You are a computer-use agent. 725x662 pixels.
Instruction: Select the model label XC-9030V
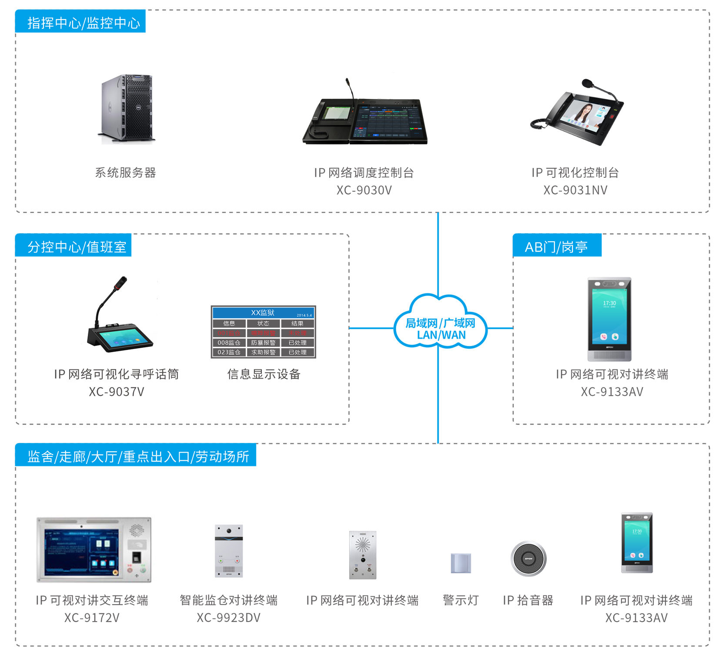tap(364, 190)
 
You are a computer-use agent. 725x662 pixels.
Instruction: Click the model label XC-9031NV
tap(575, 190)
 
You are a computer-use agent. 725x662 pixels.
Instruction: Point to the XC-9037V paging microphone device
tap(118, 317)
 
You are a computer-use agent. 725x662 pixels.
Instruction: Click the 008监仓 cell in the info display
tap(229, 343)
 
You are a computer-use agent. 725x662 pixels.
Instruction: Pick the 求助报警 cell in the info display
tap(263, 352)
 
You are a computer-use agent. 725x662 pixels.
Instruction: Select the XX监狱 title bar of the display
tap(263, 313)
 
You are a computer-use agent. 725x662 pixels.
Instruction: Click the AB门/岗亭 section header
tap(557, 246)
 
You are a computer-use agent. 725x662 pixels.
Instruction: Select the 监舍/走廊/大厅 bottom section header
tap(137, 456)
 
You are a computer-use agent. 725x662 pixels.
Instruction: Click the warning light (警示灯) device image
tap(461, 563)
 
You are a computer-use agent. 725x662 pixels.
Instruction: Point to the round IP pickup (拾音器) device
tap(528, 559)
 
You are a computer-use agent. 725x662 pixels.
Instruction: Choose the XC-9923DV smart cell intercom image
tap(229, 551)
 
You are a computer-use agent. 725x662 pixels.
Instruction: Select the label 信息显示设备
tap(264, 374)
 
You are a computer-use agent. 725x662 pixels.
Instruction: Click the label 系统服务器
tap(125, 173)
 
